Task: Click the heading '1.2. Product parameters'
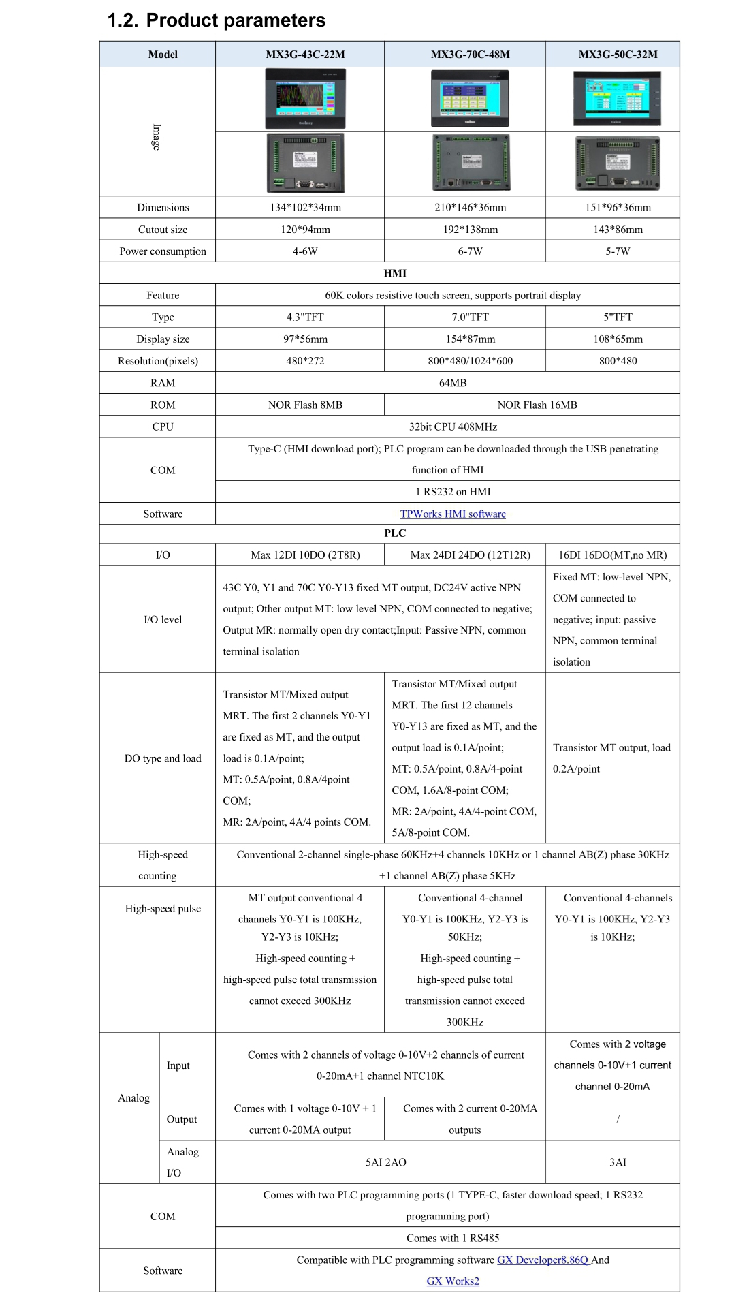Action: pos(217,20)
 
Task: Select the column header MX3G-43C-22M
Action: pos(305,54)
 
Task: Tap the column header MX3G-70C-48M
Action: pos(470,54)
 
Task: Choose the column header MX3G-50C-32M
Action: pos(618,54)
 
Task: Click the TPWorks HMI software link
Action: pos(453,514)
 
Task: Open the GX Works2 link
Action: pos(453,1281)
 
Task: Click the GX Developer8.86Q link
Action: pos(543,1260)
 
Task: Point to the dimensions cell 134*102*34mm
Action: pos(305,207)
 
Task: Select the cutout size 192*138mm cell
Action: pos(470,230)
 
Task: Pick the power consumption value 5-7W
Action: pos(618,251)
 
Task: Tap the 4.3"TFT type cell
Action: pos(305,317)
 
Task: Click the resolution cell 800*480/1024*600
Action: pos(470,361)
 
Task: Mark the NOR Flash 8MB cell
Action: pos(305,405)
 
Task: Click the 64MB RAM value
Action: pos(453,383)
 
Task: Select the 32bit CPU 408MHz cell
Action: pos(453,426)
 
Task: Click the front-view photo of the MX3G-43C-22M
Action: pos(305,99)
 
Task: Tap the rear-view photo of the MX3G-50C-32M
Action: pos(618,163)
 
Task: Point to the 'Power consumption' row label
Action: pos(163,251)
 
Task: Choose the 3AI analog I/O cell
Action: pos(618,1162)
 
